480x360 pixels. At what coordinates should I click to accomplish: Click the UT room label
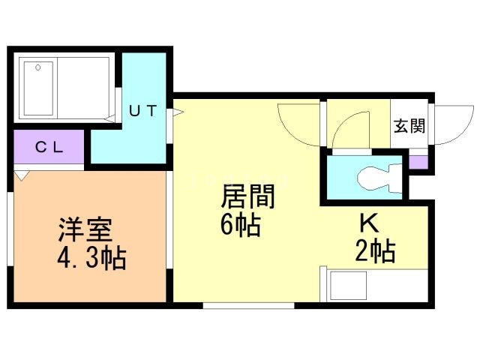[x=142, y=111]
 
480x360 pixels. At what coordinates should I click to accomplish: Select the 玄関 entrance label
[x=409, y=124]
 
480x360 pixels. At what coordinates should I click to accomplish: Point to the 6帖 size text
[x=241, y=225]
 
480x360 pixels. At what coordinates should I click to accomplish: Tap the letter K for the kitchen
[x=367, y=223]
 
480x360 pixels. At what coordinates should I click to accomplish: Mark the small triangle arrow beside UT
[x=178, y=114]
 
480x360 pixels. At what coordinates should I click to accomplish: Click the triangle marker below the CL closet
[x=22, y=176]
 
